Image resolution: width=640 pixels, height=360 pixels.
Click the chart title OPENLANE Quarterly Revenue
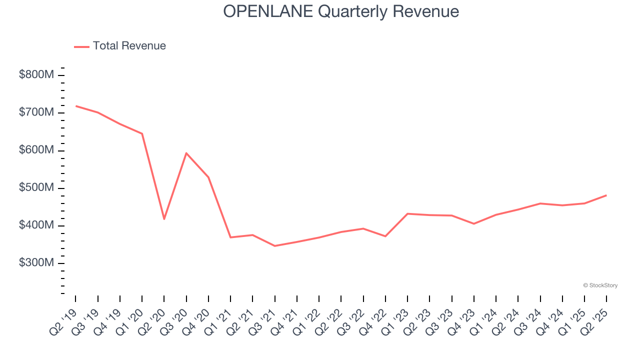341,11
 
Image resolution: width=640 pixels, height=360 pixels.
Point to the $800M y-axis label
36,75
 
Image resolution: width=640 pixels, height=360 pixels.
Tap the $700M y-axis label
36,112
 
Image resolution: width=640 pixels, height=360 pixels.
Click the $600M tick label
36,150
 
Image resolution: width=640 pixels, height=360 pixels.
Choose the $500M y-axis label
36,188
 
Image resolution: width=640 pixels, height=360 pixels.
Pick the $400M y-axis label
36,225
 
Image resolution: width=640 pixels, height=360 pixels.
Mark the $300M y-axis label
36,263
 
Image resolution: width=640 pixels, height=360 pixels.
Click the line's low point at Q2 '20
164,219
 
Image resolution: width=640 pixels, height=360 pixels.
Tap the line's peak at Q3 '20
186,153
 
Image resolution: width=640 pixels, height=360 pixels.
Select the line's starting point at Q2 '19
75,106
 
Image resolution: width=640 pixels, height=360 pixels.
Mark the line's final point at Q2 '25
606,195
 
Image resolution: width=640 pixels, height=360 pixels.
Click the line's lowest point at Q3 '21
274,246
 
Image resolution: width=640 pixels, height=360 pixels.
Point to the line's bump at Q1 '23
407,213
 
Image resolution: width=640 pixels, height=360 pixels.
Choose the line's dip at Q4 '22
385,236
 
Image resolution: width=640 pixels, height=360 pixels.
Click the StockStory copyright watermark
600,285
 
